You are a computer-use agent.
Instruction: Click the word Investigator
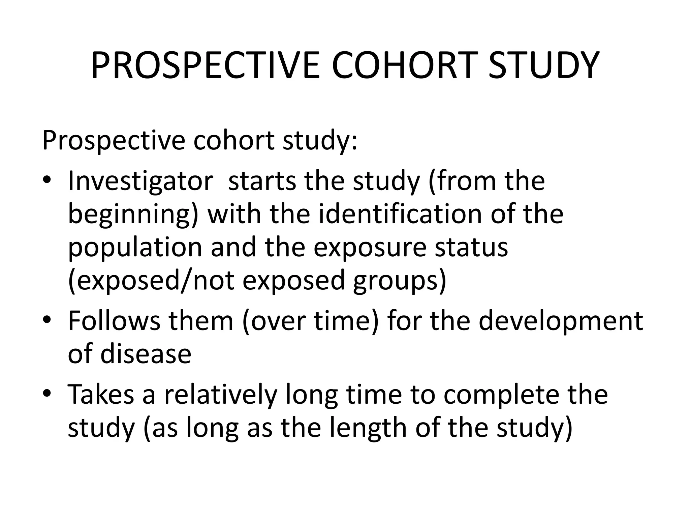click(140, 181)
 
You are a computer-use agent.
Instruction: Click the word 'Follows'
click(114, 320)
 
